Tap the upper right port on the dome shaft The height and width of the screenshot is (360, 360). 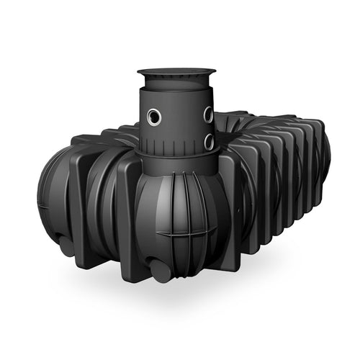pyautogui.click(x=207, y=114)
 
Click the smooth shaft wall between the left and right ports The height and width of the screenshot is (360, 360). pyautogui.click(x=180, y=119)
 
